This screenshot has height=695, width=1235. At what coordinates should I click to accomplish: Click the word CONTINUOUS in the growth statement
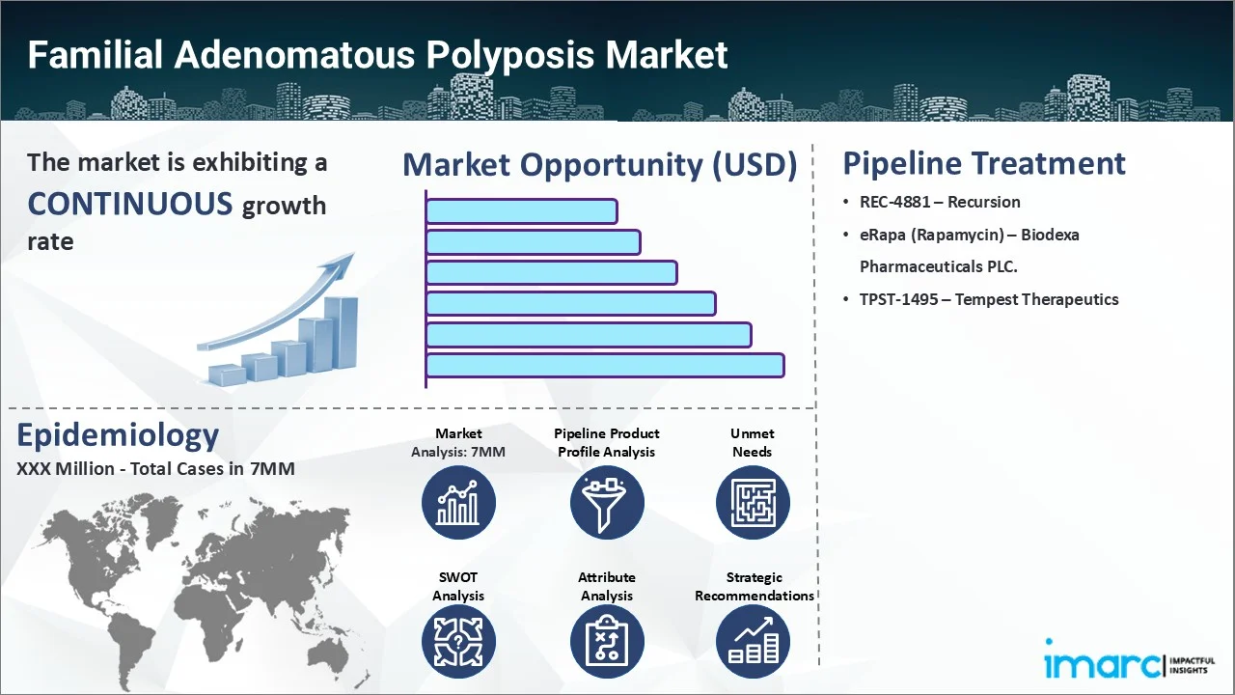[129, 204]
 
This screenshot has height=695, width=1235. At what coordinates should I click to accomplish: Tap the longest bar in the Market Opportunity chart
[605, 365]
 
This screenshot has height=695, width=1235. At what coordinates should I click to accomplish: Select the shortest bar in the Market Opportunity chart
[521, 210]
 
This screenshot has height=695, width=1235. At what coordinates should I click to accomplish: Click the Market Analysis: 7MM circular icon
[458, 502]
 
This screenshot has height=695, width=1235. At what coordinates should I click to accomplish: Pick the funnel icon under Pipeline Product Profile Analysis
[606, 502]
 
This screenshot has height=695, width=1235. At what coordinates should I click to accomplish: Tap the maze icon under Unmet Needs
[753, 502]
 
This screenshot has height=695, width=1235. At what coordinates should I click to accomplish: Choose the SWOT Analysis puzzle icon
[458, 643]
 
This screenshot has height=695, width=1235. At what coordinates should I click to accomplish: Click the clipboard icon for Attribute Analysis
[606, 643]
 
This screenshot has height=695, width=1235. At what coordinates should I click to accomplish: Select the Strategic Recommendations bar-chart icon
[753, 643]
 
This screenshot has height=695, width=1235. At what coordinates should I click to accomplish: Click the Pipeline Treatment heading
[984, 163]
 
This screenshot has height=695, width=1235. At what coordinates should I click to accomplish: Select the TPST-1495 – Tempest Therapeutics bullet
[988, 299]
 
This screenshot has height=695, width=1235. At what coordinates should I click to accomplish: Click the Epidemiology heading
[118, 435]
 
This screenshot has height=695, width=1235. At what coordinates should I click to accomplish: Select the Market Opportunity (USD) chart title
[599, 165]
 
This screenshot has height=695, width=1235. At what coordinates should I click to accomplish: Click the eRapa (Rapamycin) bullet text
[969, 235]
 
